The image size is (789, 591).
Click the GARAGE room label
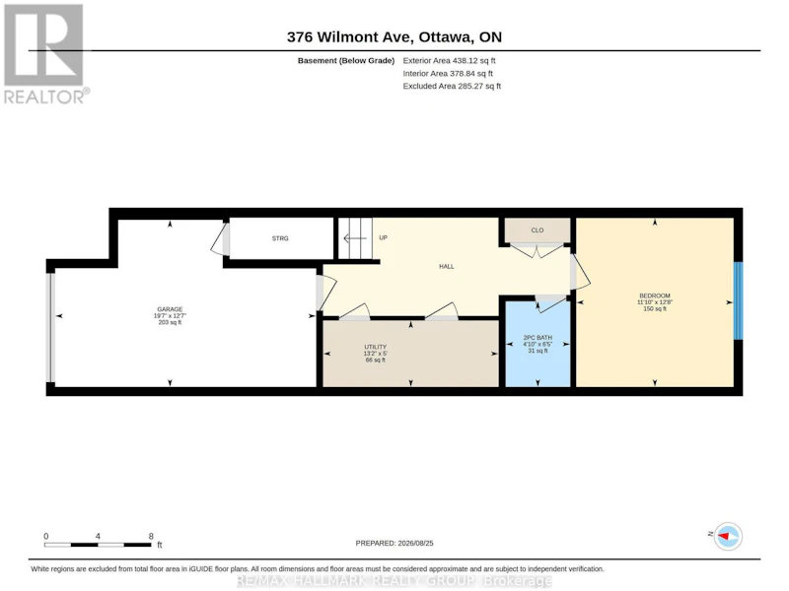(x=170, y=309)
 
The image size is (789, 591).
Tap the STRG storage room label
(x=280, y=238)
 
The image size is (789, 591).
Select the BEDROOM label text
(x=655, y=296)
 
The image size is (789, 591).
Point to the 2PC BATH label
(x=538, y=338)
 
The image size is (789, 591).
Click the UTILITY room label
(x=376, y=347)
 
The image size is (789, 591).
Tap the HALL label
(x=447, y=266)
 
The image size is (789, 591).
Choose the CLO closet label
(x=538, y=230)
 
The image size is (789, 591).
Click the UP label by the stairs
(x=383, y=237)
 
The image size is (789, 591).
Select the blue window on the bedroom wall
(x=738, y=300)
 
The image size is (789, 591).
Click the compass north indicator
(x=728, y=536)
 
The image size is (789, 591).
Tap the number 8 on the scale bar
(x=151, y=536)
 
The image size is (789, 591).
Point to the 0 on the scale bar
(x=46, y=536)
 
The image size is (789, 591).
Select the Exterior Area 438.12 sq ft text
(x=449, y=61)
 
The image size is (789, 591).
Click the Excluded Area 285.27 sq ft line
(x=452, y=86)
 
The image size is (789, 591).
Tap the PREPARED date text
(x=394, y=544)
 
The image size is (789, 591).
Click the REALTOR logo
(x=46, y=54)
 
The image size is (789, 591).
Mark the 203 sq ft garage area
(x=170, y=322)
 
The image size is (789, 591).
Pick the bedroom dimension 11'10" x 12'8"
(x=655, y=302)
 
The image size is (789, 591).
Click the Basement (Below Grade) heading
(x=346, y=61)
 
